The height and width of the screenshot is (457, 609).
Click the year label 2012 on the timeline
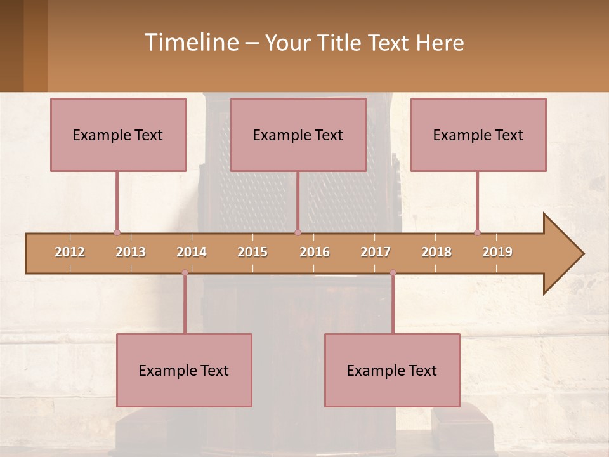[x=70, y=252]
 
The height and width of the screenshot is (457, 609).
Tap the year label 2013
[x=131, y=252]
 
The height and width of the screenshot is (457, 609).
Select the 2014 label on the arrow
[x=192, y=252]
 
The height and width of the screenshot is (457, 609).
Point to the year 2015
[x=252, y=252]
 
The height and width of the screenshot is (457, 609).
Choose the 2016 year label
[x=315, y=252]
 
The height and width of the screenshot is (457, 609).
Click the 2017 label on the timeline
[x=376, y=252]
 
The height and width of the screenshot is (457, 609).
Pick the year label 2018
[x=436, y=252]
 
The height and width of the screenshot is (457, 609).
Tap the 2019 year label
[x=497, y=252]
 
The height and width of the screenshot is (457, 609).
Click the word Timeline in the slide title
[x=190, y=43]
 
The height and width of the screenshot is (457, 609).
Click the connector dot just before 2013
[x=117, y=232]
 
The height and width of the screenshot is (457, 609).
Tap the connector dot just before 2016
[x=298, y=232]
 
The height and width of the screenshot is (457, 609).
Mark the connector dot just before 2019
[x=477, y=232]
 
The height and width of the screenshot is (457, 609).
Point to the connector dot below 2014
[x=185, y=273]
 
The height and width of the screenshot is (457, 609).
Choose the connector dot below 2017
[x=393, y=273]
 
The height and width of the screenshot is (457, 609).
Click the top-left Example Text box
[x=118, y=135]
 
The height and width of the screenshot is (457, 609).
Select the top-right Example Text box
[x=478, y=135]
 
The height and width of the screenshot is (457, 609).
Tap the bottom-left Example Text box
[x=184, y=371]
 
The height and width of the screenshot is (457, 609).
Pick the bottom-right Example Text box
[x=392, y=371]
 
